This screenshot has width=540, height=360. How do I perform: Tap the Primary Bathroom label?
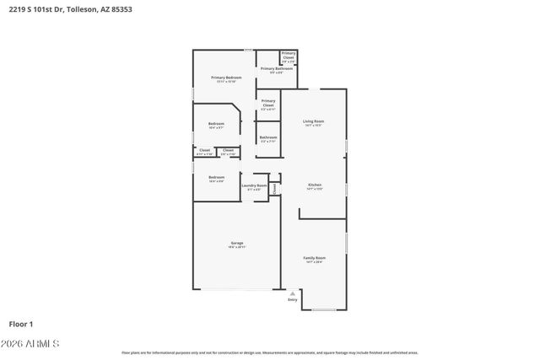(x=276, y=69)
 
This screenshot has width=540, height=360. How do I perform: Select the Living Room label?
(x=313, y=122)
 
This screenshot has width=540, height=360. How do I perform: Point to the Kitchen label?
(x=314, y=185)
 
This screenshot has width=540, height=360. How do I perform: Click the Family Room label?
(x=314, y=258)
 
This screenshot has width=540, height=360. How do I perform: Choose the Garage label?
(x=237, y=244)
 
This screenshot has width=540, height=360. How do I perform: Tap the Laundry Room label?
(x=254, y=185)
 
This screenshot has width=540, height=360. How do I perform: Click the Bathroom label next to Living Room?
(x=268, y=137)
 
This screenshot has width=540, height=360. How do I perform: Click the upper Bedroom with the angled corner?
(x=216, y=125)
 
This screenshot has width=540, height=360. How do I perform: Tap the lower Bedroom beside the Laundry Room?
(x=216, y=178)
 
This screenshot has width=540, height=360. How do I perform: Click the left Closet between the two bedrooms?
(x=204, y=151)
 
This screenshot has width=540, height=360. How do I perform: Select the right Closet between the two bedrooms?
(x=228, y=151)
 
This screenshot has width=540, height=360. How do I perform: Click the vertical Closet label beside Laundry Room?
(x=274, y=189)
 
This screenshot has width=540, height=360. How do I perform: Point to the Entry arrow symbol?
(x=292, y=293)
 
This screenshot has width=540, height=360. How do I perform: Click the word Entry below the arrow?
(x=292, y=299)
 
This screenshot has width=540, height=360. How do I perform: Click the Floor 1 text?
(x=21, y=323)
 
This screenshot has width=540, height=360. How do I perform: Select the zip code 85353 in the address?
(x=121, y=9)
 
